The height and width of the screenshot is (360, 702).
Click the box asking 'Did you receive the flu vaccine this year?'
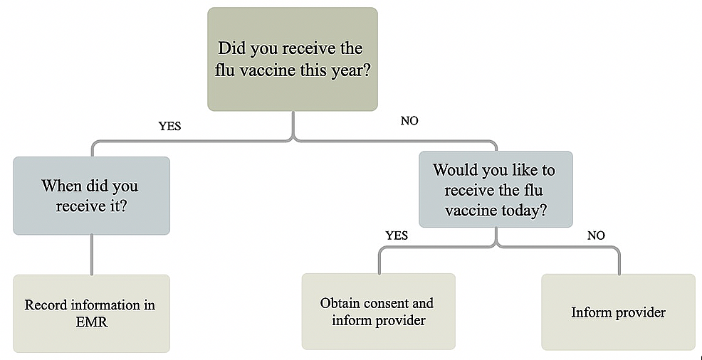[x=293, y=59]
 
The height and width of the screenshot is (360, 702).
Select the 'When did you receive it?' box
[x=91, y=196]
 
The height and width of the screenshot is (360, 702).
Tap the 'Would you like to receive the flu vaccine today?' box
[x=496, y=189]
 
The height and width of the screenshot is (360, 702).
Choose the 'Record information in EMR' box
[x=91, y=314]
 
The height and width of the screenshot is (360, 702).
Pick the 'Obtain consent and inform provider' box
[x=378, y=311]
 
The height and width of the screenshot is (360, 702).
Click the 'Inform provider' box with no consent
[x=618, y=312]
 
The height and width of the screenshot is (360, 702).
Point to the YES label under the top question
[x=170, y=127]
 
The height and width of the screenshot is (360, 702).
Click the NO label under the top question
[x=409, y=121]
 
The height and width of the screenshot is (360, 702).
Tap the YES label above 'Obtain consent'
[x=397, y=235]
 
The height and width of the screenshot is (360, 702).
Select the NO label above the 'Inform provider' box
[x=596, y=235]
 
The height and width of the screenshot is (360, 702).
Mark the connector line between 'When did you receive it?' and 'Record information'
[x=92, y=255]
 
